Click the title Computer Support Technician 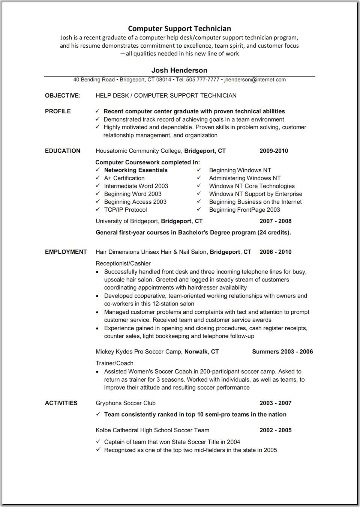click(179, 29)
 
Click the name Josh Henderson click(179, 70)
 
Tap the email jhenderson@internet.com click(255, 80)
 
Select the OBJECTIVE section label click(63, 96)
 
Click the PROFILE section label click(58, 111)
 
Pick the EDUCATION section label click(63, 151)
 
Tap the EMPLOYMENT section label click(66, 252)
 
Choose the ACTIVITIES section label click(61, 403)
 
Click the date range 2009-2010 click(274, 151)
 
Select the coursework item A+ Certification click(124, 178)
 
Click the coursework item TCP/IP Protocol click(125, 210)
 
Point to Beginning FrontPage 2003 click(244, 210)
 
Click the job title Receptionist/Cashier click(123, 263)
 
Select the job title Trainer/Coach click(114, 363)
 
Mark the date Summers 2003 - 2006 click(282, 352)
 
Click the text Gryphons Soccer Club click(126, 403)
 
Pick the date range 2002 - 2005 click(275, 430)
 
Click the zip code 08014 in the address click(163, 80)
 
